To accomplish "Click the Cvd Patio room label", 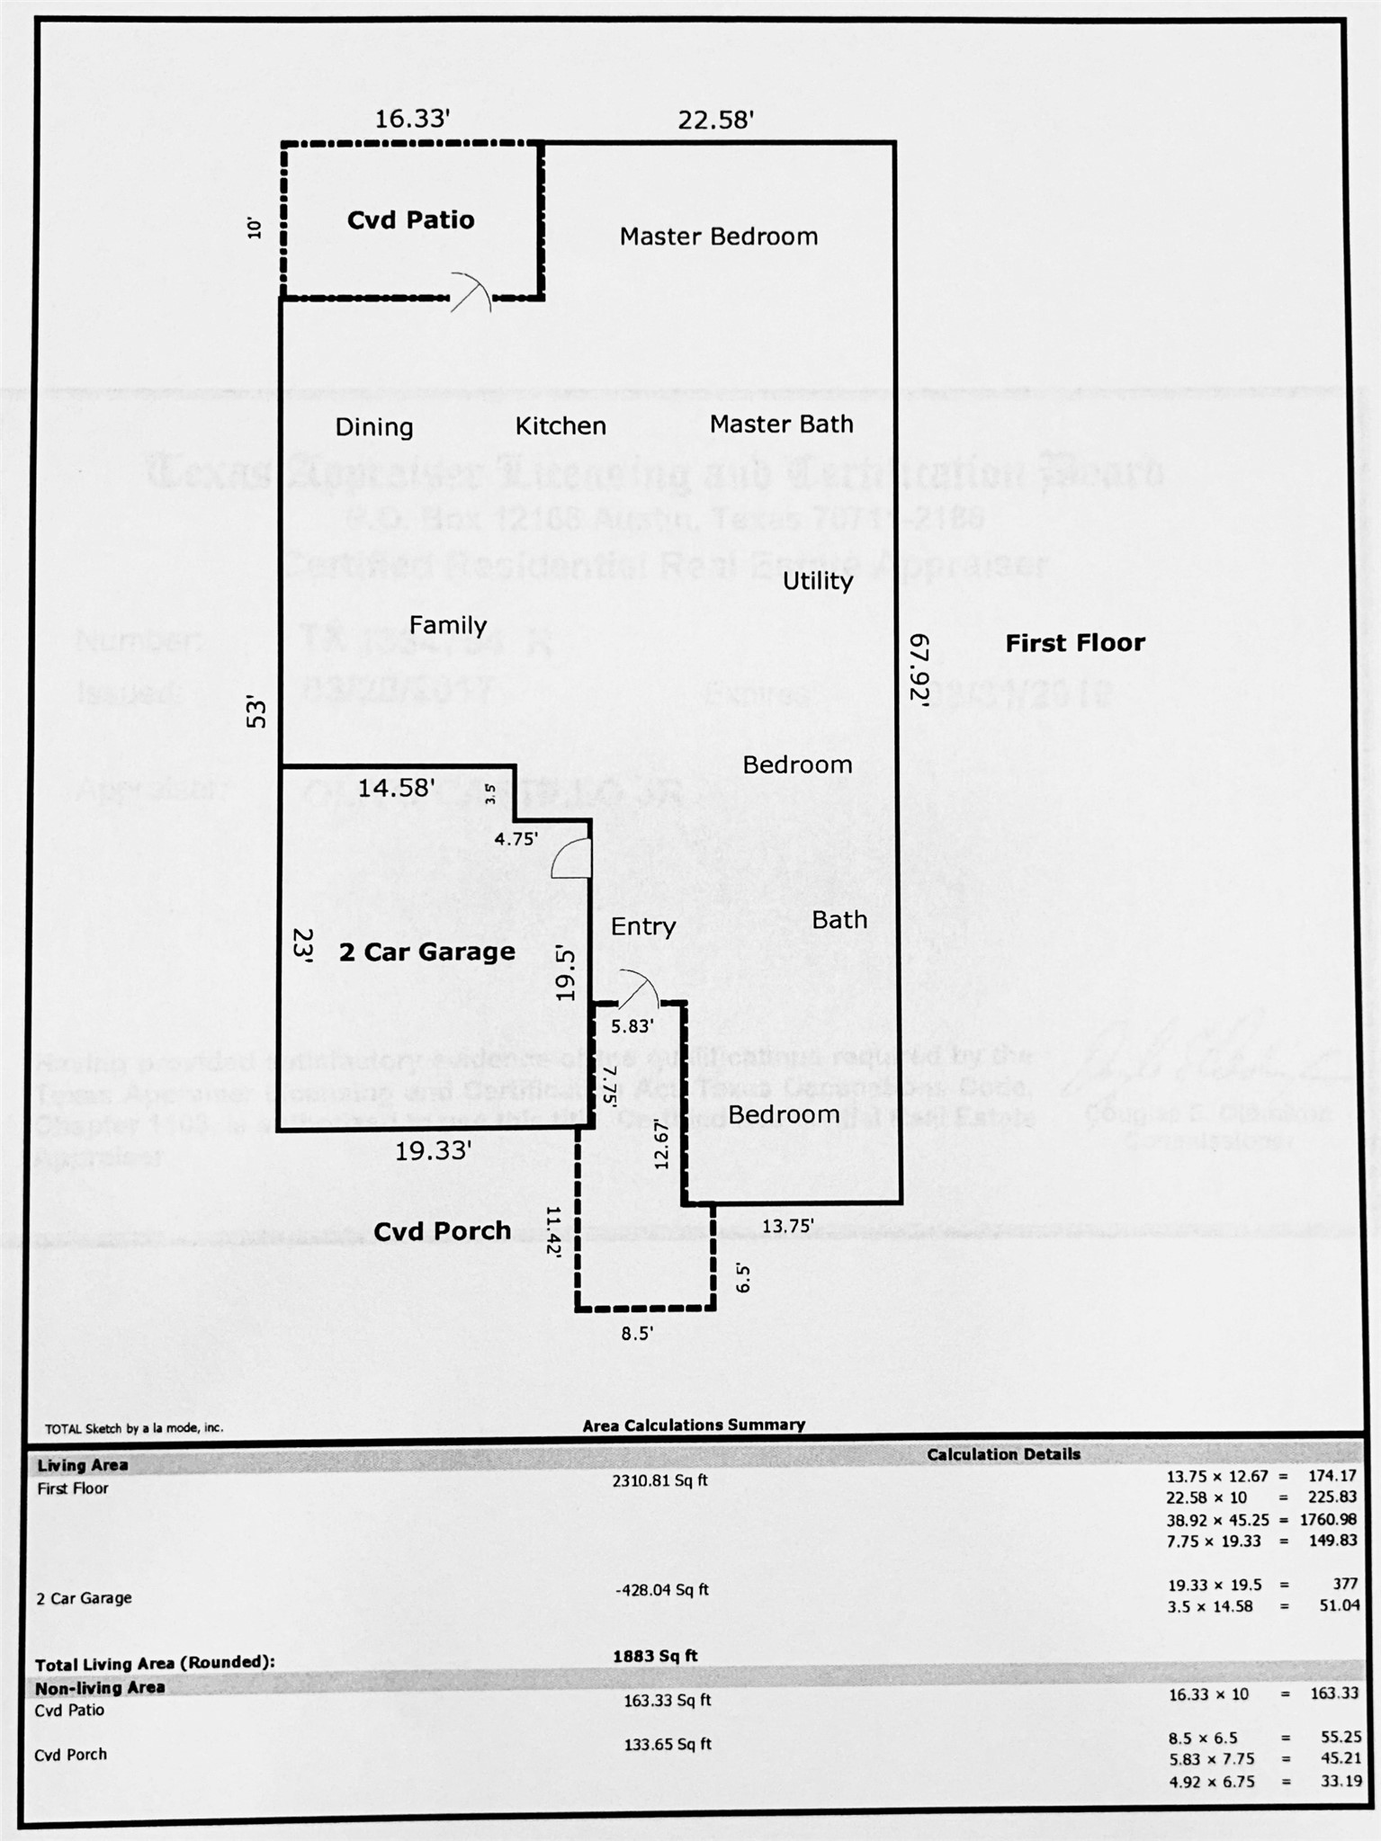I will (410, 220).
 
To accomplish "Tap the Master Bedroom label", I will (718, 237).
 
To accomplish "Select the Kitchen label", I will (560, 426).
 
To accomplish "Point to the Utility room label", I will (817, 581).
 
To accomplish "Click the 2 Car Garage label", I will (426, 952).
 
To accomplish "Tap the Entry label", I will (642, 927).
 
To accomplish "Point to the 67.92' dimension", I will (918, 671).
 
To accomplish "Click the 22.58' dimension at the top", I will (715, 120).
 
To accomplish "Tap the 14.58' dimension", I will (396, 789).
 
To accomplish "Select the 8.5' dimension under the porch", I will (636, 1334).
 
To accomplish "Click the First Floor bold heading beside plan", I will (1074, 643).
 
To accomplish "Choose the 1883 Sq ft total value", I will (655, 1656).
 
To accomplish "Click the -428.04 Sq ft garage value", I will (661, 1589).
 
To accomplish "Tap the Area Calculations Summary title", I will (693, 1425).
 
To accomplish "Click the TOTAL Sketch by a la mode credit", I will (134, 1427).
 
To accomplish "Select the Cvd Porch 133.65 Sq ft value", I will (667, 1744).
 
